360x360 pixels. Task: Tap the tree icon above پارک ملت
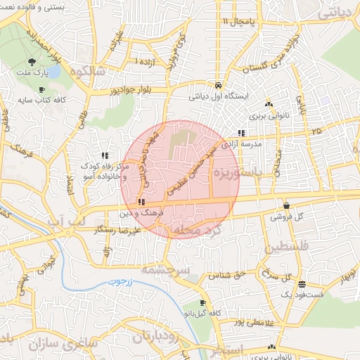[32, 62]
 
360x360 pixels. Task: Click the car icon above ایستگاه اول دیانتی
[219, 82]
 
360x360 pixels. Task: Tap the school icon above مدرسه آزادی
[241, 133]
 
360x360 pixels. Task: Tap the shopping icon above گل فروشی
[286, 206]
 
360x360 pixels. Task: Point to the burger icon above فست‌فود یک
[302, 285]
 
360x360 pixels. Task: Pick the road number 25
[316, 131]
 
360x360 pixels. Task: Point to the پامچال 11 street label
[235, 22]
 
